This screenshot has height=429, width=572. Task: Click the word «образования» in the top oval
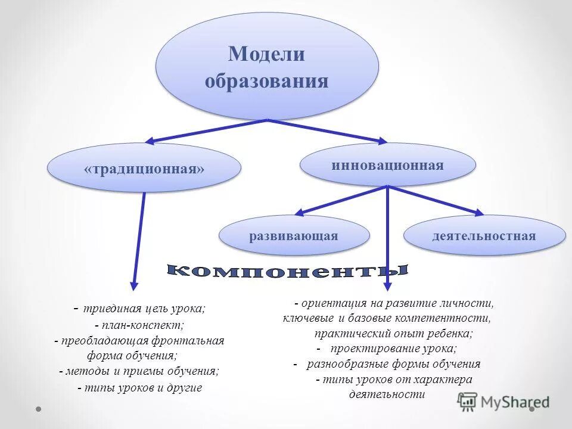pos(266,80)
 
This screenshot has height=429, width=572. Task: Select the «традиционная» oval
pos(144,169)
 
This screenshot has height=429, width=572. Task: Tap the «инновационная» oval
pos(387,165)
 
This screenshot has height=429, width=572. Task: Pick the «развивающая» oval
pos(294,236)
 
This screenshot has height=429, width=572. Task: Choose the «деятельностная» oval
pos(484,236)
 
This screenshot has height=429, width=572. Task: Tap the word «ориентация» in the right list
pos(329,303)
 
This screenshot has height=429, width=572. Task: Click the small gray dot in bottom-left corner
pos(38,409)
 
